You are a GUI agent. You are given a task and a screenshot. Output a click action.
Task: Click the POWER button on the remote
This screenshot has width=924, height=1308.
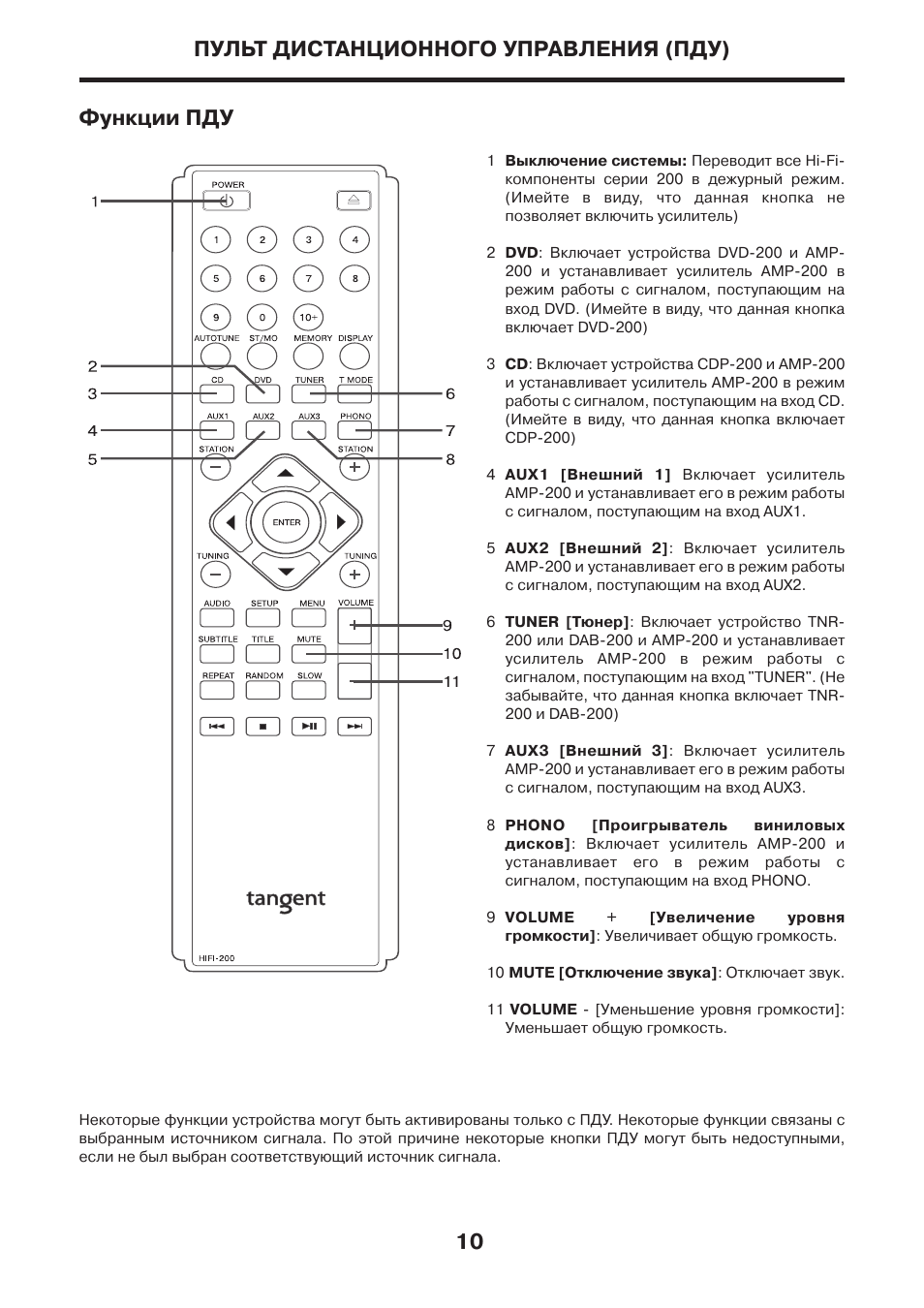(227, 201)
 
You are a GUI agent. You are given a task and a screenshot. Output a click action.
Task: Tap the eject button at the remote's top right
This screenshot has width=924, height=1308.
(354, 201)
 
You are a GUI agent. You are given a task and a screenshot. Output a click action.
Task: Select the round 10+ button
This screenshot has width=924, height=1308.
(308, 317)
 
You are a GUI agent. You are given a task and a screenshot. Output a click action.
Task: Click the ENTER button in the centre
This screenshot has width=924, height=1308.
(287, 522)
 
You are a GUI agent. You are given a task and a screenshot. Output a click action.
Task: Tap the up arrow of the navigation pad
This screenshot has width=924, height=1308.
(286, 474)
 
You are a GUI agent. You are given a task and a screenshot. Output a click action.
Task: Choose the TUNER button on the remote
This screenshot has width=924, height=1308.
(310, 394)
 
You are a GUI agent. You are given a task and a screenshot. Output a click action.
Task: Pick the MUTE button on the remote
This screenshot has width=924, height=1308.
(309, 654)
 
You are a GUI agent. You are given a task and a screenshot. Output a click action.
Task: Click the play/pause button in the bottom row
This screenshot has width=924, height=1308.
(309, 725)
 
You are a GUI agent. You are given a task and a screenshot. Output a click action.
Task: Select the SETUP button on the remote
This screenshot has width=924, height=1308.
(263, 617)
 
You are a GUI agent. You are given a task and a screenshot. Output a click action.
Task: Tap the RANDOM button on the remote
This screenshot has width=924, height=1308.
(263, 690)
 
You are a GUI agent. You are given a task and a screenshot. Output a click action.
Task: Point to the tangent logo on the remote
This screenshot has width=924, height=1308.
(286, 900)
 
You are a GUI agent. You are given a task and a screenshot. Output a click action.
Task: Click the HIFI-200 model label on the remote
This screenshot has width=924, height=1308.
(217, 958)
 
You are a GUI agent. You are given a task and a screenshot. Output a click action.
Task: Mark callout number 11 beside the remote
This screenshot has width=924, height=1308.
(451, 682)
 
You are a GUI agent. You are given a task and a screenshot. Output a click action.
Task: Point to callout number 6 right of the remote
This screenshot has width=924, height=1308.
(450, 394)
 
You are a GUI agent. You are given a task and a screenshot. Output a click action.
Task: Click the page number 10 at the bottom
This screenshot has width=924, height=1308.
(469, 1242)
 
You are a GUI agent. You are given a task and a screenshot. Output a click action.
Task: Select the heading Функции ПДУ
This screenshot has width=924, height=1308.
(156, 118)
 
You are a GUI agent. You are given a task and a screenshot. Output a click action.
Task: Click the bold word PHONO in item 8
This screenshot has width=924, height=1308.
(535, 825)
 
